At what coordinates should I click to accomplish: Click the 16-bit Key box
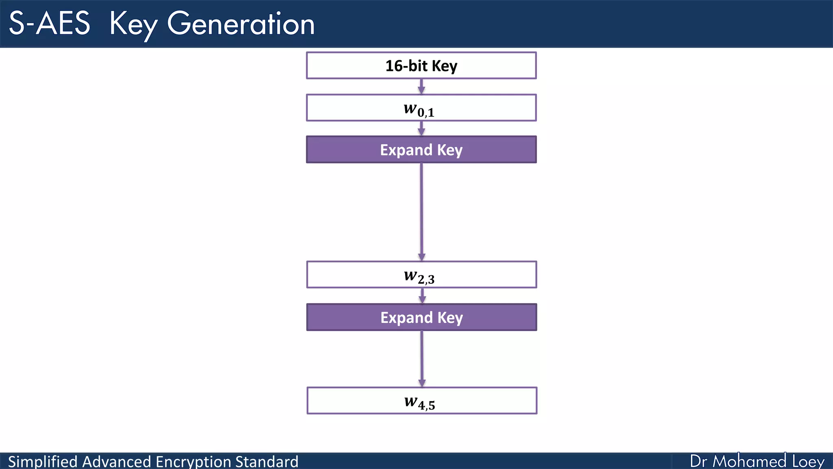click(x=421, y=66)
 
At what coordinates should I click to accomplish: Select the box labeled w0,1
click(x=421, y=108)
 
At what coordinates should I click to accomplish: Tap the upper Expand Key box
click(x=421, y=150)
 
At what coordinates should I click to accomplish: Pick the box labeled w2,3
click(x=421, y=275)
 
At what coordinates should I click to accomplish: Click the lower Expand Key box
click(x=421, y=317)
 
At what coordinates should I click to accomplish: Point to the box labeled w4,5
click(x=421, y=401)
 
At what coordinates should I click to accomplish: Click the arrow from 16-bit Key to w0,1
click(x=421, y=86)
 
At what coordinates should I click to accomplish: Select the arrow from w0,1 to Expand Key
click(x=421, y=128)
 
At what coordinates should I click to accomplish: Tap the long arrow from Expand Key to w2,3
click(x=421, y=212)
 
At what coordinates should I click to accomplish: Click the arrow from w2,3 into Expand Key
click(x=422, y=296)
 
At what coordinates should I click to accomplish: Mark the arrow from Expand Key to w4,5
click(x=422, y=358)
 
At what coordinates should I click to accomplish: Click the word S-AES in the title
click(x=49, y=24)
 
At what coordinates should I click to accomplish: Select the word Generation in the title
click(x=241, y=24)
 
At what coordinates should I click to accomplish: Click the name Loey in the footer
click(x=808, y=461)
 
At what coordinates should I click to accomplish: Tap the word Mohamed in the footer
click(x=750, y=461)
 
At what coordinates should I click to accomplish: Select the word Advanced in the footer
click(x=117, y=462)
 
